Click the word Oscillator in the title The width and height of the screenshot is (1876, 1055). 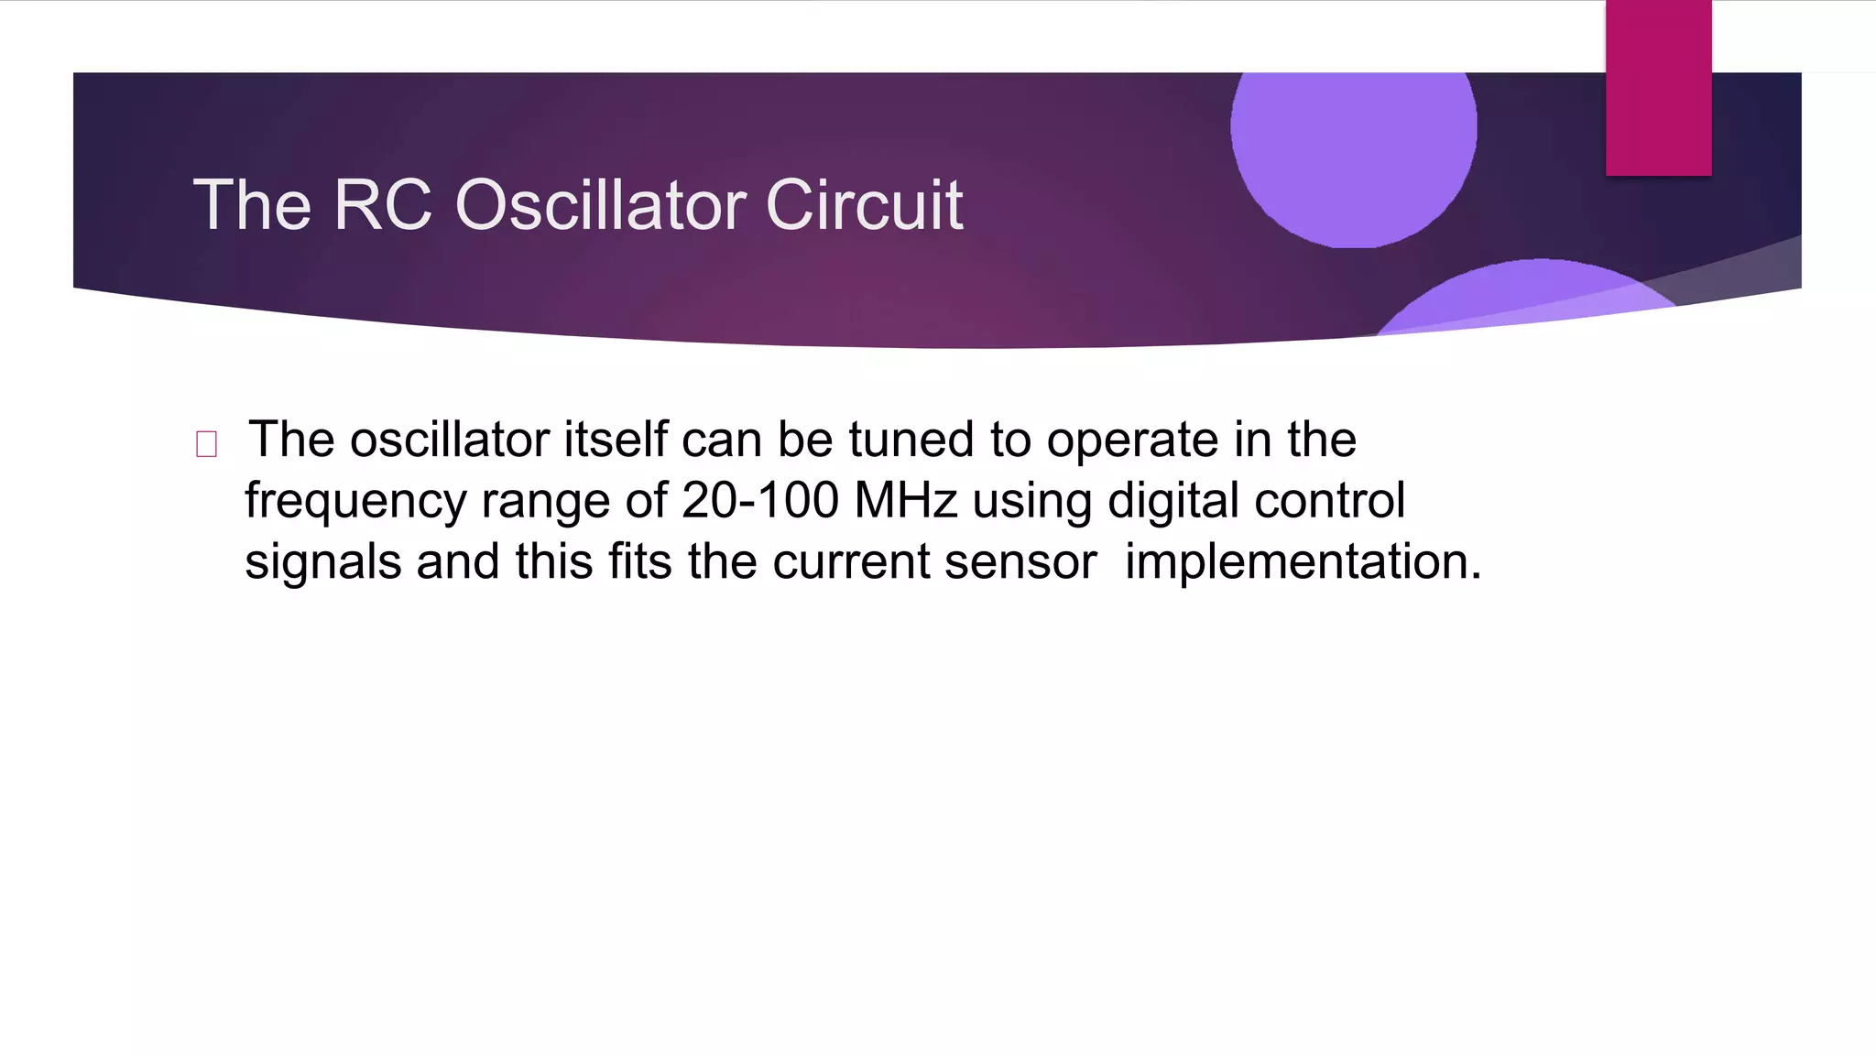(605, 204)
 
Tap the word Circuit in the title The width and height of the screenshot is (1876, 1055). (864, 204)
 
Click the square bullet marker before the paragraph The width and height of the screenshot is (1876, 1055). (206, 445)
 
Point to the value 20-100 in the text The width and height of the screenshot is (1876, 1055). (759, 501)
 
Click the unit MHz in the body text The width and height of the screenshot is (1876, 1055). (905, 501)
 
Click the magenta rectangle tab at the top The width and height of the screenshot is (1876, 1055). (1658, 88)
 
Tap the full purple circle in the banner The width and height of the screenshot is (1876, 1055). (1353, 137)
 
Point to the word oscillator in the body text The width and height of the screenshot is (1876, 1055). (449, 440)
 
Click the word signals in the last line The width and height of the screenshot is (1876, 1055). (322, 561)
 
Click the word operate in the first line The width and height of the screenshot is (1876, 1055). (1132, 441)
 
